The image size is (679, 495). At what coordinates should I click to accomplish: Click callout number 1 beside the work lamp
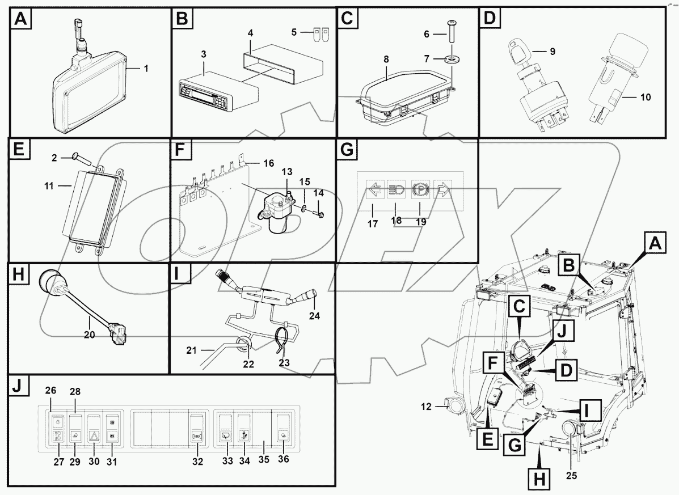146,69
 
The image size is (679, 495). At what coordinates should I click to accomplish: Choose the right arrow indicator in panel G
441,191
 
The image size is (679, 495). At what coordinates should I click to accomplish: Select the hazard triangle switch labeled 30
94,425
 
